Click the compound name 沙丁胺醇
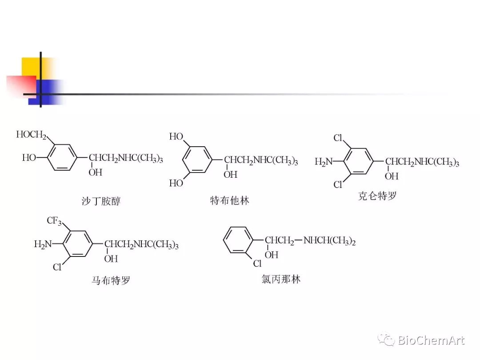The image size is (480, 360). [x=98, y=201]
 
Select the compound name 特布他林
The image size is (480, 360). [x=229, y=200]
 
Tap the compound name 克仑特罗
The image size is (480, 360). [x=377, y=196]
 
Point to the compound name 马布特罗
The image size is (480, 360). [x=111, y=280]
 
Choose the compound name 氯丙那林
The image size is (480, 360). [x=281, y=279]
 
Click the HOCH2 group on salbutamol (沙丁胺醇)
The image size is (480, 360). [x=31, y=135]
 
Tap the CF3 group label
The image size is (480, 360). [x=54, y=221]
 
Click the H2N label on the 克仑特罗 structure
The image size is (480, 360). [x=324, y=162]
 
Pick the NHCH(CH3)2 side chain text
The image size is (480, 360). [x=329, y=241]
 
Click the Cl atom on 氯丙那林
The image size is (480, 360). [x=257, y=264]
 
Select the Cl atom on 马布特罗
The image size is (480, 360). [x=57, y=267]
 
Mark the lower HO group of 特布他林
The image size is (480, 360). [x=176, y=183]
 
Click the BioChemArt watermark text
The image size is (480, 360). [x=431, y=341]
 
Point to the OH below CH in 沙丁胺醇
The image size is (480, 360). [x=96, y=172]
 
